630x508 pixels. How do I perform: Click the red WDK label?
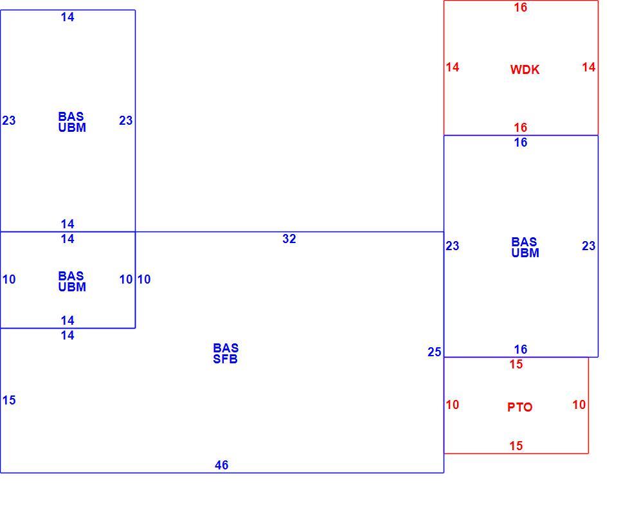pyautogui.click(x=525, y=69)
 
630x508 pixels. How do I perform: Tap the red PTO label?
pyautogui.click(x=520, y=407)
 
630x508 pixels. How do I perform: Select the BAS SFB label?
pyautogui.click(x=226, y=353)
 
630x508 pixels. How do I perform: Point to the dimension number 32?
pyautogui.click(x=289, y=239)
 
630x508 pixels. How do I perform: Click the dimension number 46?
pyautogui.click(x=222, y=465)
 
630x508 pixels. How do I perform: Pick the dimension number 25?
pyautogui.click(x=435, y=352)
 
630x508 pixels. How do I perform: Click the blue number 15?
pyautogui.click(x=9, y=400)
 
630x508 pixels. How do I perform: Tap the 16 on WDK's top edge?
pyautogui.click(x=521, y=7)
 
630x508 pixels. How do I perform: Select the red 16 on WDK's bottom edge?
pyautogui.click(x=521, y=127)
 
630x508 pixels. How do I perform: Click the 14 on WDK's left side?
pyautogui.click(x=453, y=67)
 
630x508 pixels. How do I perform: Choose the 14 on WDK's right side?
pyautogui.click(x=589, y=67)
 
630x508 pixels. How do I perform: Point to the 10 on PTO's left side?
pyautogui.click(x=453, y=404)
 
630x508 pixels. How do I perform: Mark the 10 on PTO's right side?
pyautogui.click(x=579, y=404)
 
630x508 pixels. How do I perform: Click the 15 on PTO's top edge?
pyautogui.click(x=516, y=364)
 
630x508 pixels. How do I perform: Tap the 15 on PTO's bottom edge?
pyautogui.click(x=516, y=446)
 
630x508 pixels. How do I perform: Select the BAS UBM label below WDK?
pyautogui.click(x=525, y=247)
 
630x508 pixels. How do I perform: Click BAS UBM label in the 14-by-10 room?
pyautogui.click(x=72, y=282)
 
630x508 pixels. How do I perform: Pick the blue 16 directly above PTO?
pyautogui.click(x=521, y=349)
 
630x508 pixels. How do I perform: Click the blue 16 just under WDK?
pyautogui.click(x=521, y=142)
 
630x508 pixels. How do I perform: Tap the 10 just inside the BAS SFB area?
pyautogui.click(x=144, y=279)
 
